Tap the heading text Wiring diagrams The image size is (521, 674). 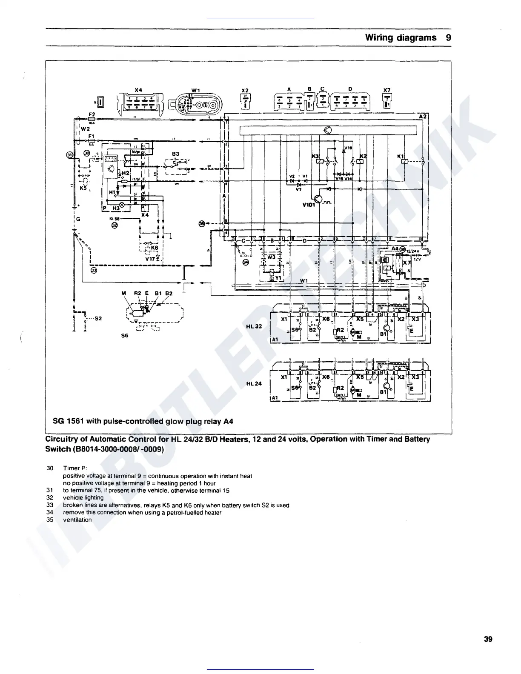(401, 37)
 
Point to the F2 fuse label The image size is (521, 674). (91, 114)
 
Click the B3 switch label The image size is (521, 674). (175, 154)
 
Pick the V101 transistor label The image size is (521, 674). (308, 204)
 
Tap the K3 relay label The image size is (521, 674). (315, 157)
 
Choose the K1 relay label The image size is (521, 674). (400, 157)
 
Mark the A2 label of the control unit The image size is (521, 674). (423, 116)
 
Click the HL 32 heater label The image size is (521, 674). (254, 326)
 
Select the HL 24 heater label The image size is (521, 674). (254, 383)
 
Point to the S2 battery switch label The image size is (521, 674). (98, 318)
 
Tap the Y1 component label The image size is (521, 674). (278, 278)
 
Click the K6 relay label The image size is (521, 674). (154, 247)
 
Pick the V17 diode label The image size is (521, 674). (150, 258)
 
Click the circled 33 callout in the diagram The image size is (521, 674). (94, 270)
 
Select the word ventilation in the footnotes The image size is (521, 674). (77, 520)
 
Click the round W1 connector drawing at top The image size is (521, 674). (195, 104)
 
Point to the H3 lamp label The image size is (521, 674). (116, 208)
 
